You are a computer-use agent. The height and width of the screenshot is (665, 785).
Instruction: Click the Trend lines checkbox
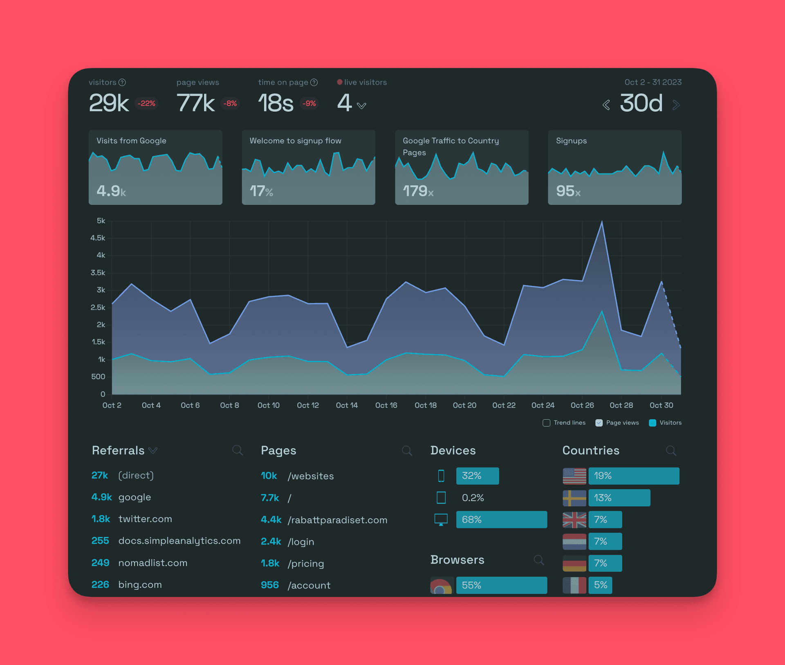[546, 423]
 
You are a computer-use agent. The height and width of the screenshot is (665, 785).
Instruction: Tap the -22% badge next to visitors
[146, 103]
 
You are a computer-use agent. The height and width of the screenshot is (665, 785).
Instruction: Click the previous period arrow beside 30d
[606, 105]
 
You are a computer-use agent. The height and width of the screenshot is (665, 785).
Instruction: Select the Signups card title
[571, 141]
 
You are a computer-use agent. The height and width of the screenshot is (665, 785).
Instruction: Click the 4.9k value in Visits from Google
[111, 191]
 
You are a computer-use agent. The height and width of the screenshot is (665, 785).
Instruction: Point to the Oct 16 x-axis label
[386, 405]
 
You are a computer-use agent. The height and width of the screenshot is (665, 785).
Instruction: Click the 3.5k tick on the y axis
[98, 273]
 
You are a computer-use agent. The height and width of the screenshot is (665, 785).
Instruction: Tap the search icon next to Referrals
[238, 450]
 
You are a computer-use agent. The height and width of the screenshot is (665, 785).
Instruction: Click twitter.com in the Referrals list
[145, 519]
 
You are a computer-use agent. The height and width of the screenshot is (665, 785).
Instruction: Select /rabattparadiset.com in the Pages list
[337, 520]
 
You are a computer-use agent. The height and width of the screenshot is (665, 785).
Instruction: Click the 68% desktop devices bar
[501, 519]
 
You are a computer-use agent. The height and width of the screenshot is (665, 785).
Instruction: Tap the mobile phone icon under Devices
[441, 476]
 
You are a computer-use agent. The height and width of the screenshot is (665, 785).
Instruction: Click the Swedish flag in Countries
[574, 498]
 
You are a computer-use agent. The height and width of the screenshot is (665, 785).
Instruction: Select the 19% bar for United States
[633, 476]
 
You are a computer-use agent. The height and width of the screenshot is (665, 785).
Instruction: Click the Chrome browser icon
[441, 586]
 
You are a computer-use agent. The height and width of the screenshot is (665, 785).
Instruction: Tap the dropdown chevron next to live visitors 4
[361, 106]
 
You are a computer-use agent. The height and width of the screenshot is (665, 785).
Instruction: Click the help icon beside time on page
[314, 83]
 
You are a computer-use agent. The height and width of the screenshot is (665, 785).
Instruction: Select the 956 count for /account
[269, 585]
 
